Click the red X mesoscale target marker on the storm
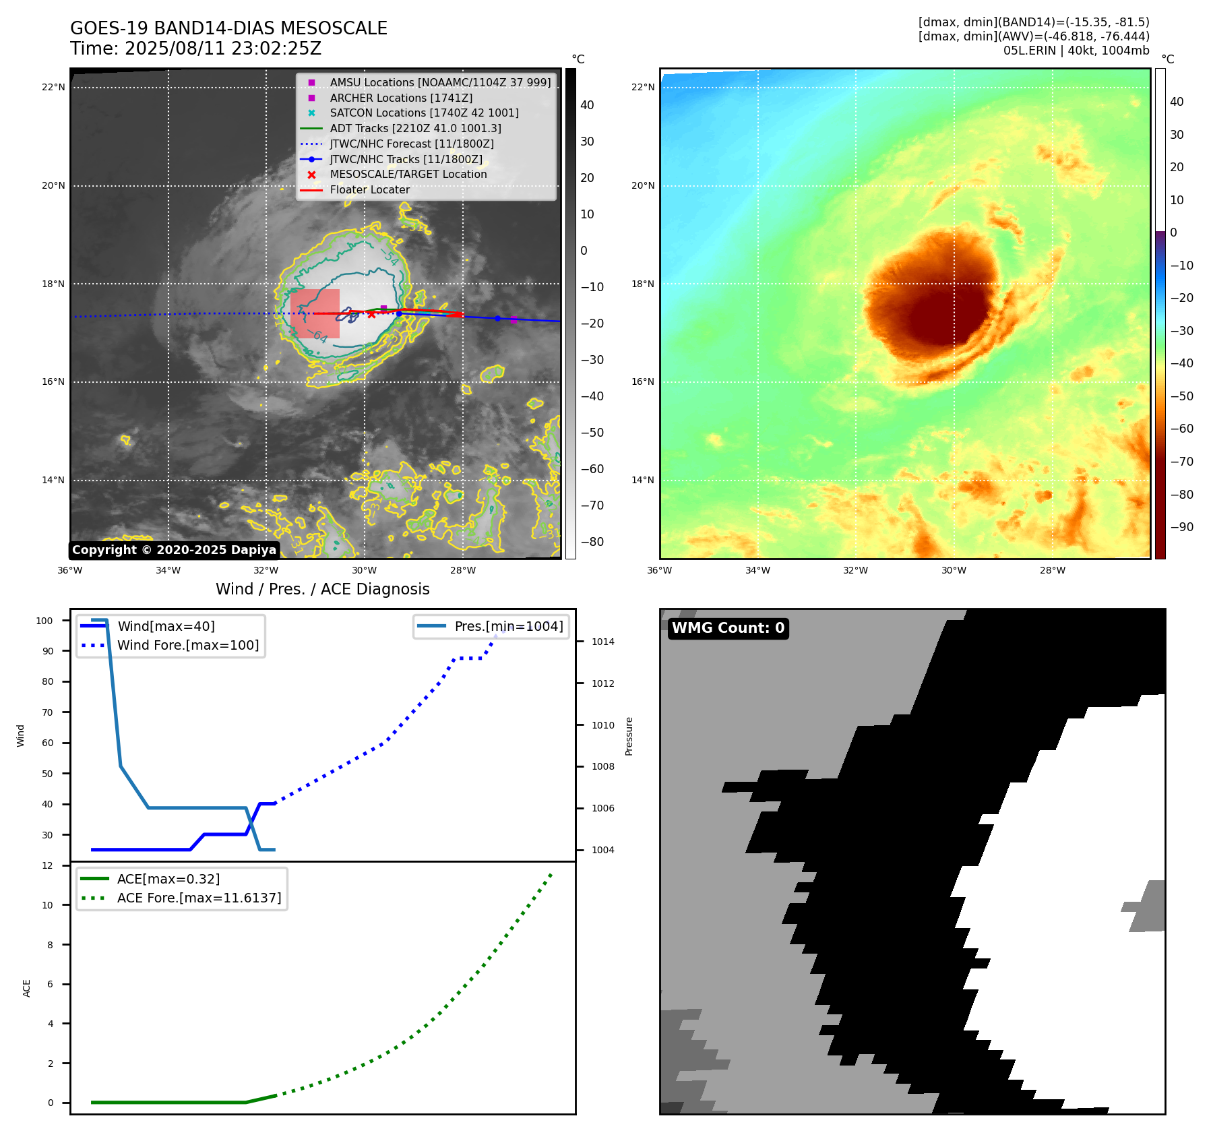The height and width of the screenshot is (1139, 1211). tap(371, 315)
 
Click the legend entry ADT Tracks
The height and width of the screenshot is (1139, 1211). tap(415, 128)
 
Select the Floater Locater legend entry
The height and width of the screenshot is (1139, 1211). tap(369, 189)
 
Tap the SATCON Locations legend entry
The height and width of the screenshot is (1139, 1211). tap(424, 113)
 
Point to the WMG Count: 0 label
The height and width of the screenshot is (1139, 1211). tap(728, 628)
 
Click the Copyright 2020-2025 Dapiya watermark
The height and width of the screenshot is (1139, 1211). tap(174, 550)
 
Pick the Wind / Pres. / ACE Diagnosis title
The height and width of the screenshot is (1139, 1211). tap(322, 589)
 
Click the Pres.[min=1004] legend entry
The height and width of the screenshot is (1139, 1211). tap(508, 626)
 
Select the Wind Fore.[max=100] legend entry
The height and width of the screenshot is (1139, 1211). tap(188, 645)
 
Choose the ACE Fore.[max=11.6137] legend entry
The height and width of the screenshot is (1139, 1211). tap(199, 898)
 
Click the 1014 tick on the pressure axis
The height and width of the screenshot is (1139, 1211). tap(602, 642)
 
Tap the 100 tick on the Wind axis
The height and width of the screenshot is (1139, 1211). tap(44, 621)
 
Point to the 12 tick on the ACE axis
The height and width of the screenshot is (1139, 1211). tap(47, 865)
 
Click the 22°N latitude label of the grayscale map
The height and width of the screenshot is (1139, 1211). tap(53, 87)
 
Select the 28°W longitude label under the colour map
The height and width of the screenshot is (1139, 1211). tap(1052, 570)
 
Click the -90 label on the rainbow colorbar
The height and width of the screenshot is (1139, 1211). tap(1181, 527)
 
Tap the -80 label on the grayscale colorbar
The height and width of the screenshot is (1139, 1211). tap(592, 542)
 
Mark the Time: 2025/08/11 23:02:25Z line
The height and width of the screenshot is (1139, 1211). tap(195, 49)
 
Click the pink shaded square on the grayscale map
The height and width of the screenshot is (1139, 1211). tap(315, 313)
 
